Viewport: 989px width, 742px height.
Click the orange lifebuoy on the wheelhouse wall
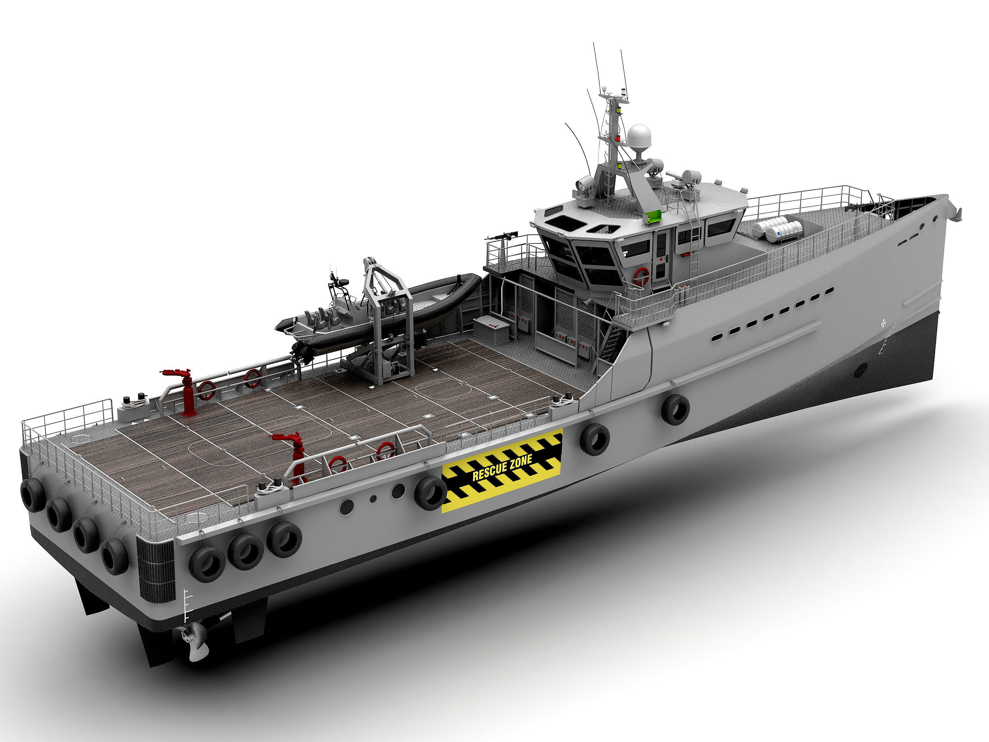642,276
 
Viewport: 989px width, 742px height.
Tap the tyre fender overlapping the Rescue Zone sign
430,493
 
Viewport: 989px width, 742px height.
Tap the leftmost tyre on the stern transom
32,494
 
